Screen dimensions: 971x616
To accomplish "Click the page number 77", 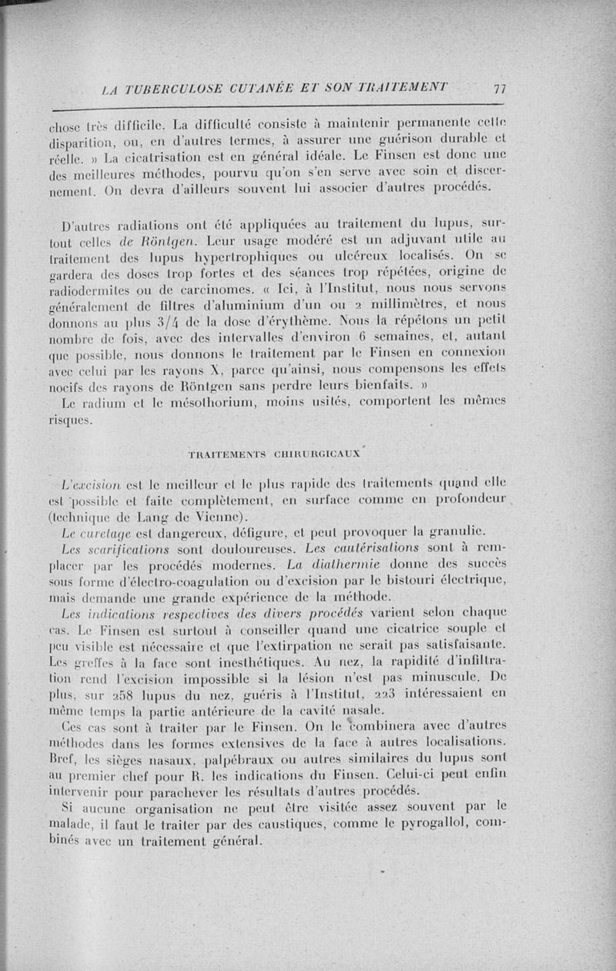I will pyautogui.click(x=500, y=88).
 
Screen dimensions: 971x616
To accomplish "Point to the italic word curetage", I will pyautogui.click(x=116, y=531).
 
